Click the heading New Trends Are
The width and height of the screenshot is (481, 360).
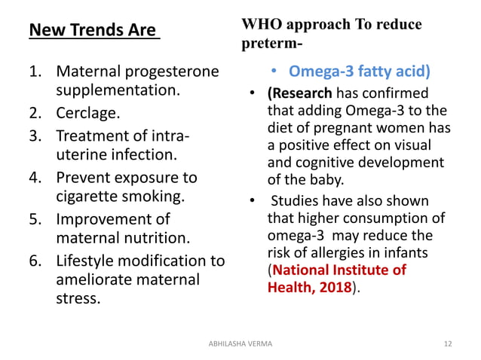[93, 31]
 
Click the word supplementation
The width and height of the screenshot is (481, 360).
[118, 92]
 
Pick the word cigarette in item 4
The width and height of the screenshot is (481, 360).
[89, 198]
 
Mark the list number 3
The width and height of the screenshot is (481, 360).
[34, 136]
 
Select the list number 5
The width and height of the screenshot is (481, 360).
[34, 220]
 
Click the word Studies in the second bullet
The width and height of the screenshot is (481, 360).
[298, 201]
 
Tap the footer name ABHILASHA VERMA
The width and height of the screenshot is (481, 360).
[240, 343]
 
